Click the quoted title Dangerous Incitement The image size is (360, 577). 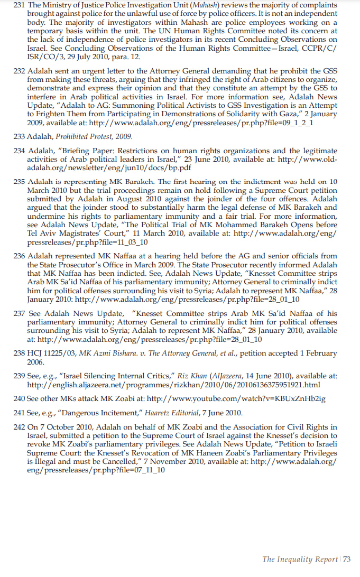pos(95,413)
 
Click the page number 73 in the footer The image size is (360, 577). pos(347,559)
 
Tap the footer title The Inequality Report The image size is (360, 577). pos(300,559)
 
